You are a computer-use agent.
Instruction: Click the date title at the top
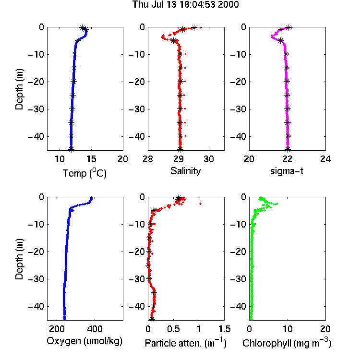tap(185, 5)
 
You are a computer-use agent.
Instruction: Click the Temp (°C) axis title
tap(84, 173)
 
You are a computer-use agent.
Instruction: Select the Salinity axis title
tap(185, 171)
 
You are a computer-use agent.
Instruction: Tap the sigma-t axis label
tap(287, 171)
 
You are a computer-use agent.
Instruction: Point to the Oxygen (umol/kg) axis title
tap(84, 341)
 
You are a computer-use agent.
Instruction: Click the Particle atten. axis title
tap(185, 343)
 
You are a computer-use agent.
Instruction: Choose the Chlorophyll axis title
tap(287, 343)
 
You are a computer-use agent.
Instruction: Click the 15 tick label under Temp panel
tap(91, 159)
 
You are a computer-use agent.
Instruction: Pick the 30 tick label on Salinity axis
tap(209, 159)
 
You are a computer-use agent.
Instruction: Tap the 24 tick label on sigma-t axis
tap(325, 159)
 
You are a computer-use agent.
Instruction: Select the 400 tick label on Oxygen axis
tap(95, 329)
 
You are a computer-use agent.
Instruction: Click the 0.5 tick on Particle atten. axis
tap(173, 329)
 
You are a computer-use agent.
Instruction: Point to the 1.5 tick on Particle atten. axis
tap(224, 329)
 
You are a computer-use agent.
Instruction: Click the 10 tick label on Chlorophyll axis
tap(288, 329)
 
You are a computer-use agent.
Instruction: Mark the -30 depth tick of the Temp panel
tap(36, 109)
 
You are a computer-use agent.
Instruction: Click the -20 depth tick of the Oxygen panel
tap(36, 252)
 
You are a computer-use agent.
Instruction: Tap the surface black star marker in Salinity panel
tap(194, 28)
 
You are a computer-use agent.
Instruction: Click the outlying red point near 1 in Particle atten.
tap(201, 204)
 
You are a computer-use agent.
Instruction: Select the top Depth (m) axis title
tap(19, 89)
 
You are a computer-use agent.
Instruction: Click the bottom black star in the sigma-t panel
tap(288, 149)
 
